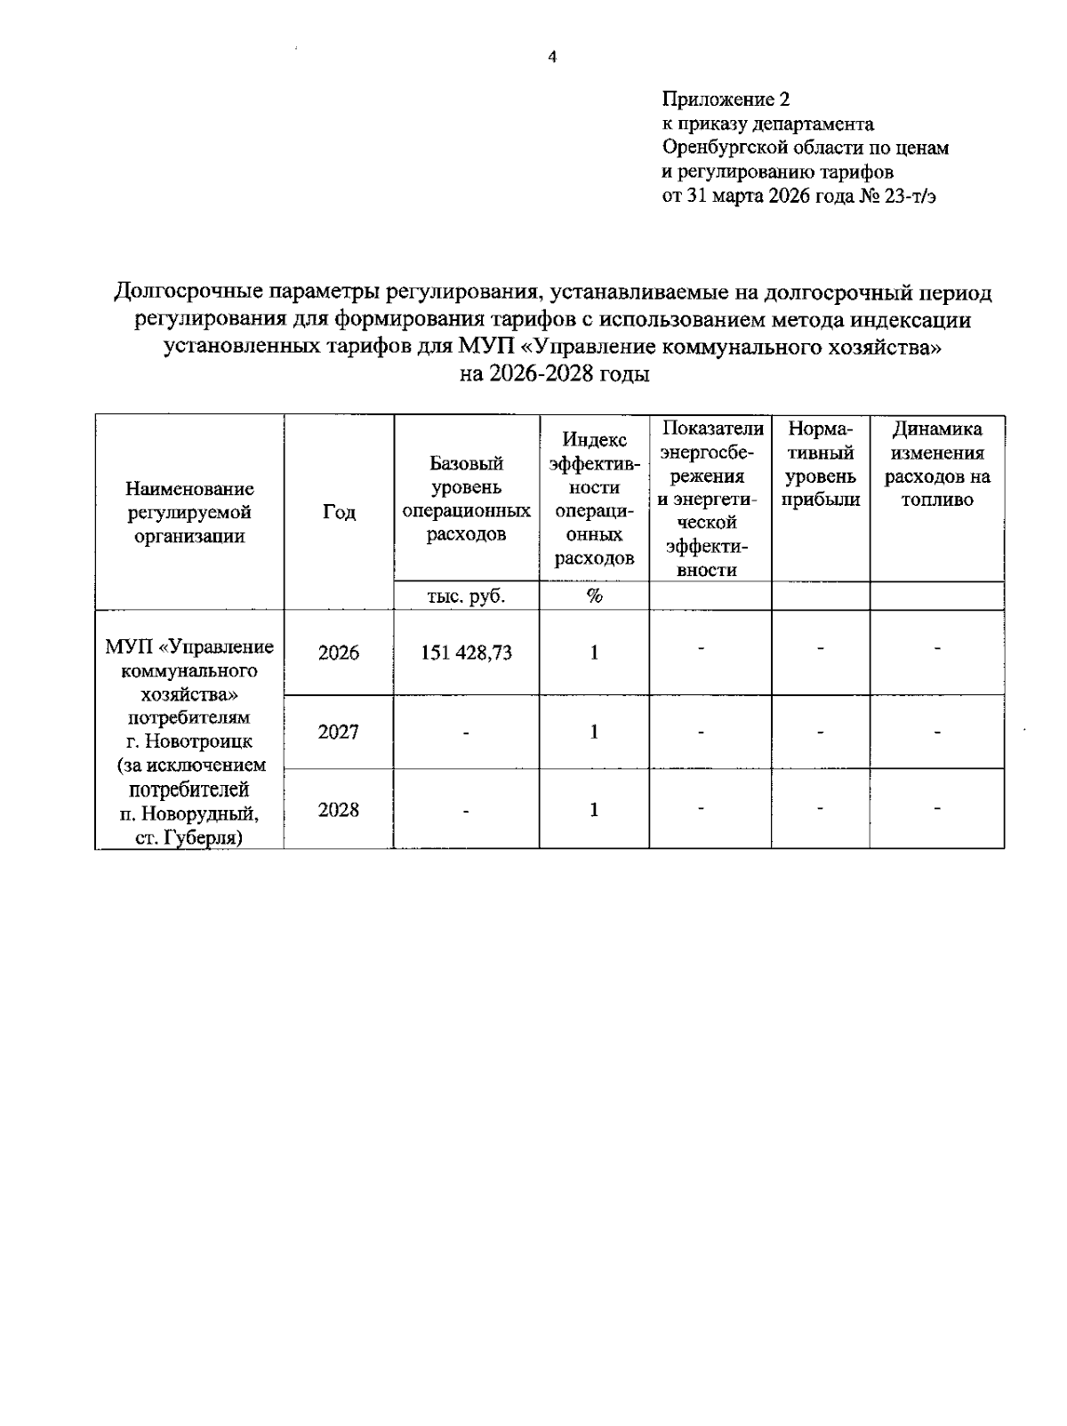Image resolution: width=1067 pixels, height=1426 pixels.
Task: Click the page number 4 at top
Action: (552, 59)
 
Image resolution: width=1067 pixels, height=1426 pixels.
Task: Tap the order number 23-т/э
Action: (909, 196)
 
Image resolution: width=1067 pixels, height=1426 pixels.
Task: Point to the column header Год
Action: (339, 512)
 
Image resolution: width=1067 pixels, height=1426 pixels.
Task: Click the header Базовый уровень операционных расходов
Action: (466, 498)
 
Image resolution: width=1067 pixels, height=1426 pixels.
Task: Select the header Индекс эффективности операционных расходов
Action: (594, 498)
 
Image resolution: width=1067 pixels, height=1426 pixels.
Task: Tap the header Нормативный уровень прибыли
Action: (820, 464)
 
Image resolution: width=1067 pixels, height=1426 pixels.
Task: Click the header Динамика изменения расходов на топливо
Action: (936, 464)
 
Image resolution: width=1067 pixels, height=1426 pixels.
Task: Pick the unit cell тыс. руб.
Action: (466, 597)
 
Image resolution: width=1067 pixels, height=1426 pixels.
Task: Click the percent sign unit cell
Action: (594, 597)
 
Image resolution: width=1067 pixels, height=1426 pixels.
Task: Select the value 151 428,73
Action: (466, 653)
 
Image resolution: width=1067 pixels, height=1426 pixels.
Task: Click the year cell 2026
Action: (339, 653)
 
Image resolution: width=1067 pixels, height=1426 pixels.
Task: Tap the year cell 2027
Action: (339, 732)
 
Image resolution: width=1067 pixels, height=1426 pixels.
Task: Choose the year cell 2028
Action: (339, 809)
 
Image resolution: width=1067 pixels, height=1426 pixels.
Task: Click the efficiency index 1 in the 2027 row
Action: (594, 732)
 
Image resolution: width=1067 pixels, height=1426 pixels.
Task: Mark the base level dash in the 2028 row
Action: (466, 810)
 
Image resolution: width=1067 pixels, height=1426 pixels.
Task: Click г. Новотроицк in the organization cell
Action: (189, 741)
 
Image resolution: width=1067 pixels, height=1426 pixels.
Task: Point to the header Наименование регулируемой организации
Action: (189, 512)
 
